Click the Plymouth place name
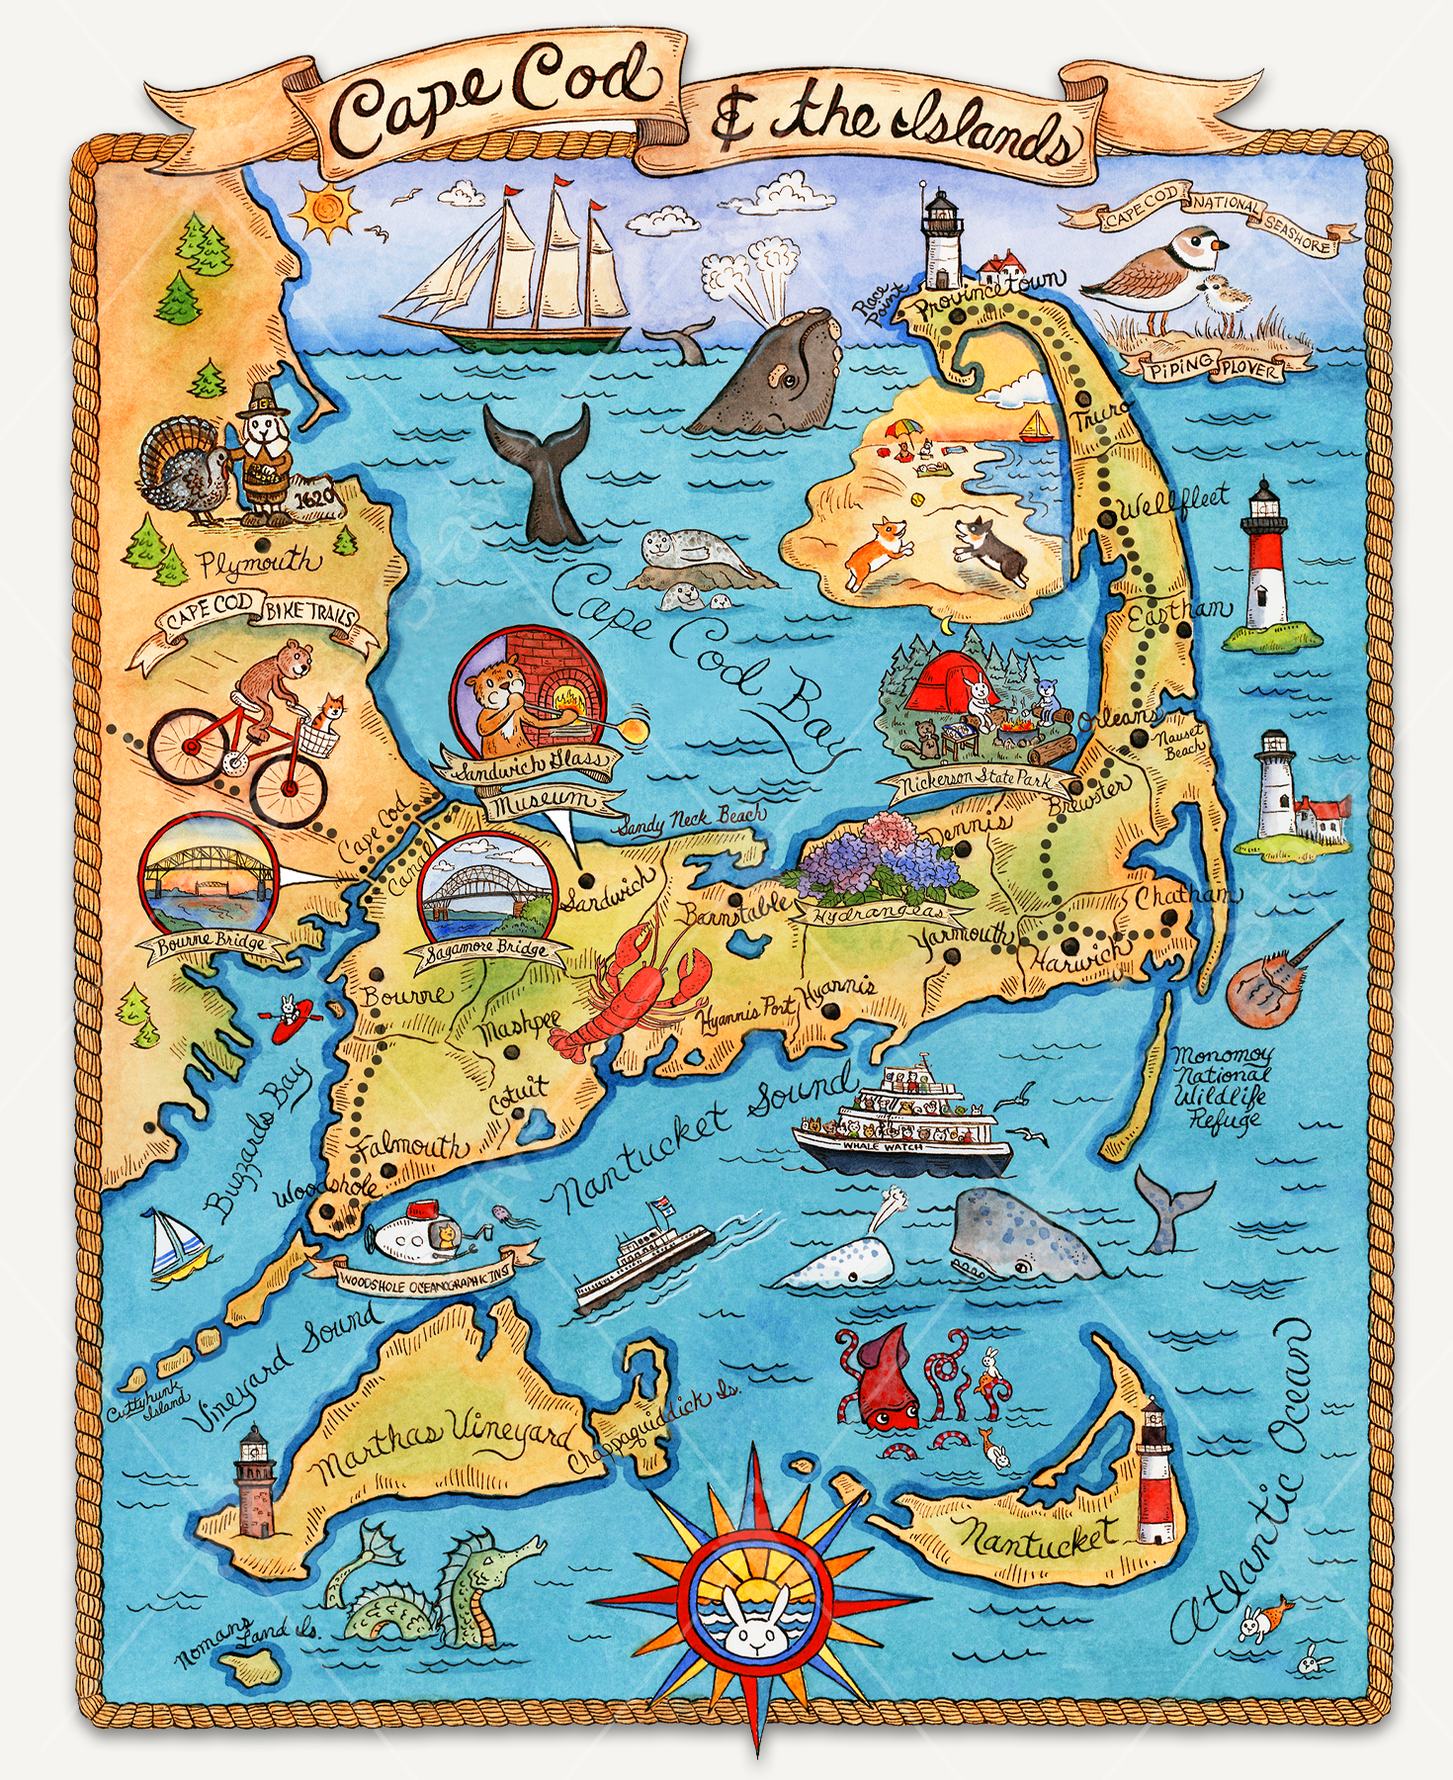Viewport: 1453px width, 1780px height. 259,565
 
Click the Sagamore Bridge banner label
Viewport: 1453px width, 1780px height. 487,951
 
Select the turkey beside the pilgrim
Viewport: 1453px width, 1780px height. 188,470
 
